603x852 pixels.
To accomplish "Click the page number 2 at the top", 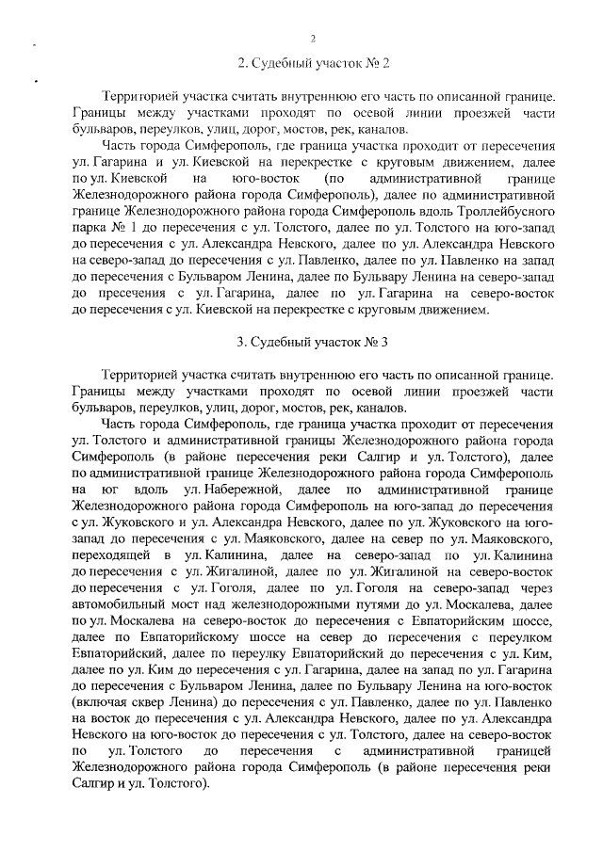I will coord(313,38).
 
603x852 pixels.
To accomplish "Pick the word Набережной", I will coord(234,490).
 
